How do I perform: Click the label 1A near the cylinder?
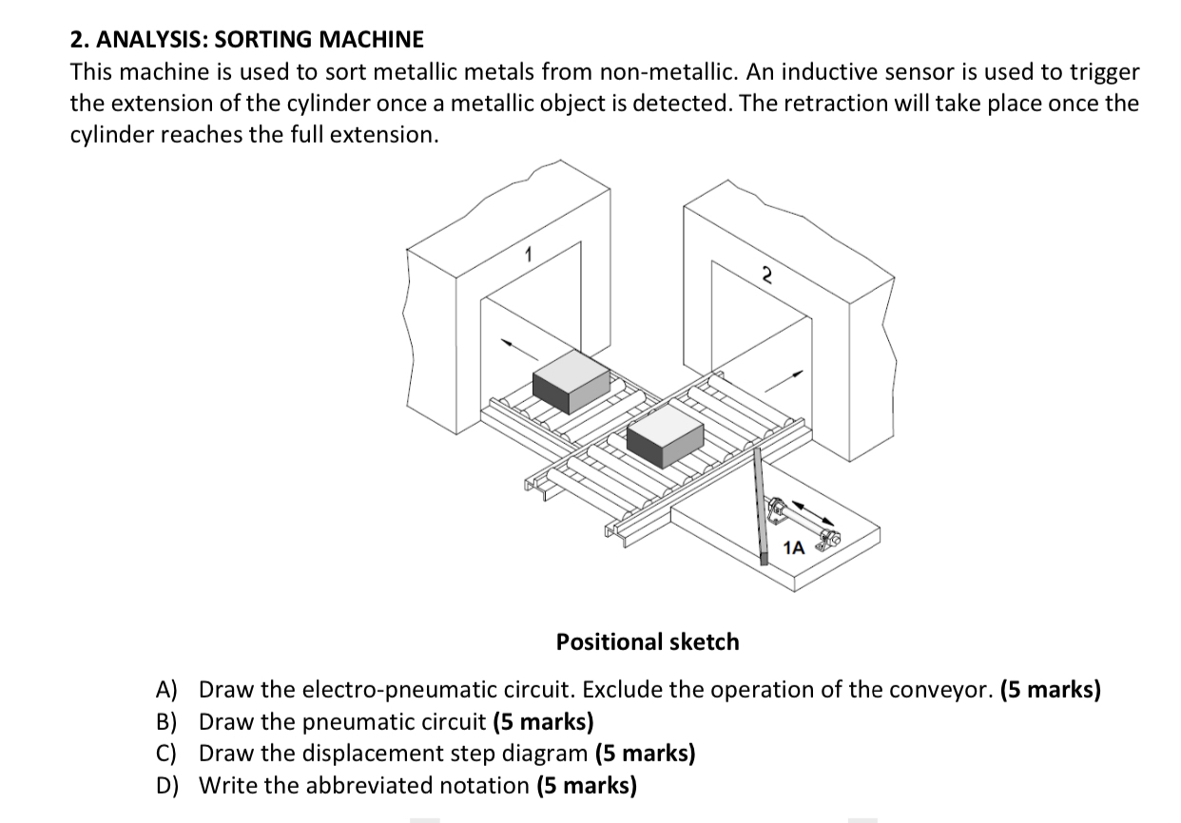click(793, 547)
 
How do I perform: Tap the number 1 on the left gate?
click(530, 254)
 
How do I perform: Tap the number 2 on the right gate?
click(765, 275)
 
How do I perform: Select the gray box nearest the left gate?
click(571, 382)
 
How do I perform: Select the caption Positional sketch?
click(648, 641)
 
